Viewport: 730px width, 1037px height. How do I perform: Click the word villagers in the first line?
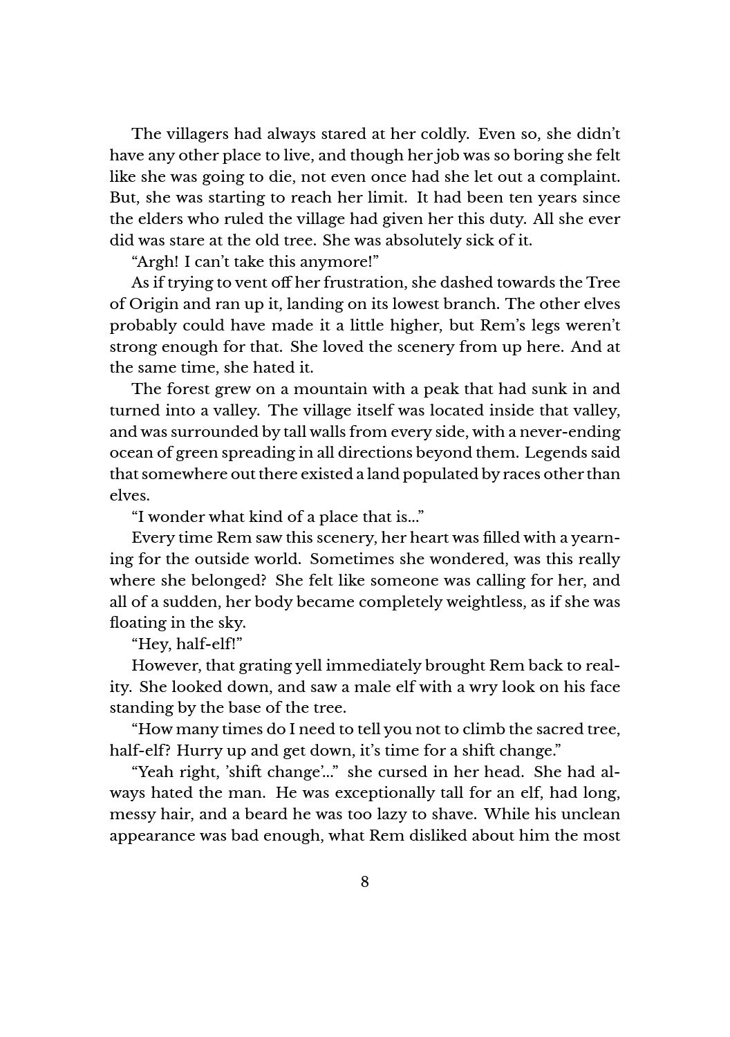click(196, 133)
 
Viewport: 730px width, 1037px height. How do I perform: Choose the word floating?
click(135, 623)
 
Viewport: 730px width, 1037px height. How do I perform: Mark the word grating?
click(268, 666)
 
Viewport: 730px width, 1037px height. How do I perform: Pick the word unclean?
click(592, 815)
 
